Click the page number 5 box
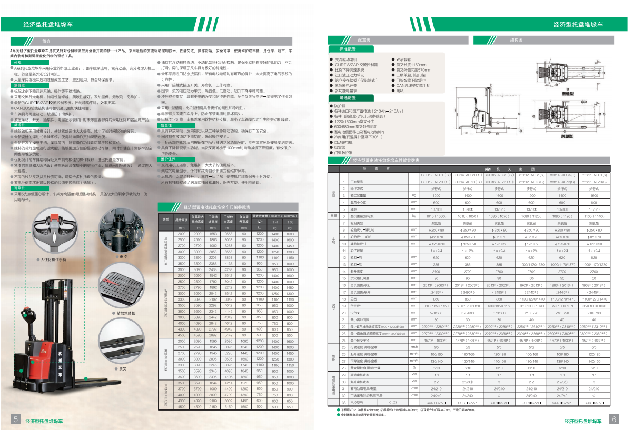[16, 419]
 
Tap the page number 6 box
[614, 419]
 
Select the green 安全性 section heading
[166, 126]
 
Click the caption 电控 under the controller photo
[123, 257]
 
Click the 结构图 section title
[516, 40]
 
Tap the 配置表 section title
[364, 40]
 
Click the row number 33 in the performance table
[344, 402]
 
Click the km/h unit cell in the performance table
[414, 347]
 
